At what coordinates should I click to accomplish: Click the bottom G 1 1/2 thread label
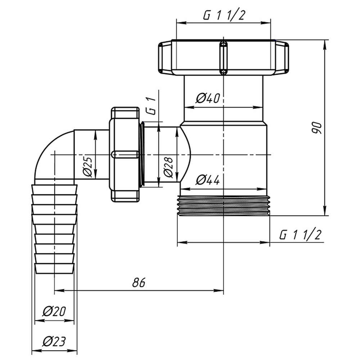coord(300,235)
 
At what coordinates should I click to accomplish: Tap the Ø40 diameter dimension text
coord(208,98)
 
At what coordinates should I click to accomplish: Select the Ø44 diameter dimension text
coord(208,179)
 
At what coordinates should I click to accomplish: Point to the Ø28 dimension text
coord(168,167)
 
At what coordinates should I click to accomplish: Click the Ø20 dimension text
coord(54,311)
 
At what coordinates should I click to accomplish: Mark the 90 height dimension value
coord(316,128)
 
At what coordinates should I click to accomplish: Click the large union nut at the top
coord(223,58)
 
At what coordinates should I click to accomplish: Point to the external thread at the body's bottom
coord(223,206)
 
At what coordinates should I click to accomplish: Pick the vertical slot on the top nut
coord(223,58)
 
